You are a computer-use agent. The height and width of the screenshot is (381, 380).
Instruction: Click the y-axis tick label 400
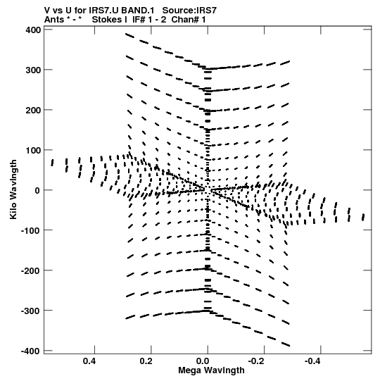(33, 30)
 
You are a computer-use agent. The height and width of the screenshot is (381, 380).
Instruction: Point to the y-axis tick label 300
(33, 70)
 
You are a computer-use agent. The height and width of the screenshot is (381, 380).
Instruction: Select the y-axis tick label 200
(33, 111)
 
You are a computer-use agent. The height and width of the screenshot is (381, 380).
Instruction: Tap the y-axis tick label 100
(33, 151)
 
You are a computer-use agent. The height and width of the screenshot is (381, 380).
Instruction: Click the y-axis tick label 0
(37, 190)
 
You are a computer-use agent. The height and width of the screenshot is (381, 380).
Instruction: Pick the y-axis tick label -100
(32, 230)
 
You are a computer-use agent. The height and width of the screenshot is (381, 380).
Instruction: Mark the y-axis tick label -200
(32, 270)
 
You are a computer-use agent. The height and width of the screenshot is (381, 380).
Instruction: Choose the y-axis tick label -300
(32, 311)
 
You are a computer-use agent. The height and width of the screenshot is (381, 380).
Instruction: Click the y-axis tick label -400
(32, 351)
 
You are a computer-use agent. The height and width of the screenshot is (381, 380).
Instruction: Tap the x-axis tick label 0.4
(89, 361)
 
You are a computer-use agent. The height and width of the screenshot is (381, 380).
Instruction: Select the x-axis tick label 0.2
(146, 361)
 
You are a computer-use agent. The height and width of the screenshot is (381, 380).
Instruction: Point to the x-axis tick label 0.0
(203, 361)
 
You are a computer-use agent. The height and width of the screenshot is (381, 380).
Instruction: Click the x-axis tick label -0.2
(257, 361)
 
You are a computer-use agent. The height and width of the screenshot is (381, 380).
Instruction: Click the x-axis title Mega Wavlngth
(211, 370)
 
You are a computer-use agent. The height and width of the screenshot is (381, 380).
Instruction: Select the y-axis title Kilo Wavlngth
(13, 189)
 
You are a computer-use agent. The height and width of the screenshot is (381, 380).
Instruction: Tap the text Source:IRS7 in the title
(189, 11)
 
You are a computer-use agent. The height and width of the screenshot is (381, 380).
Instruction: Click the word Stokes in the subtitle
(106, 20)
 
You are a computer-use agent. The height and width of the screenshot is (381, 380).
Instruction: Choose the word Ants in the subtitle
(54, 20)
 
